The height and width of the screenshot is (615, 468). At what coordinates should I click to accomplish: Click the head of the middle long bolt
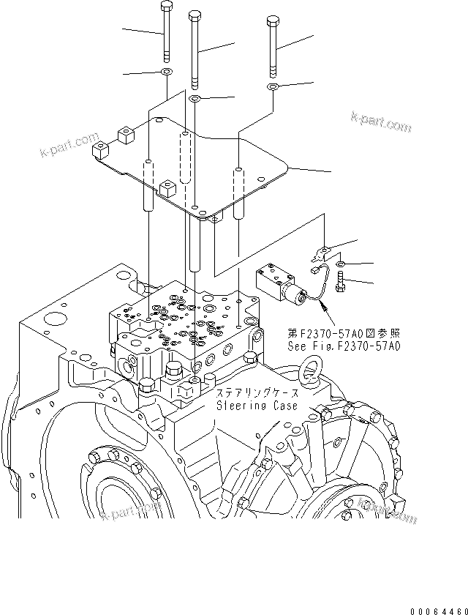point(194,15)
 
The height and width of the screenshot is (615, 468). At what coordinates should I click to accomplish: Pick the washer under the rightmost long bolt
point(272,87)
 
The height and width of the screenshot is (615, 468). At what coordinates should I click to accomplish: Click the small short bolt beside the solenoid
point(341,282)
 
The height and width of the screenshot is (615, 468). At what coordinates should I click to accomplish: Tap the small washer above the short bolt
point(341,264)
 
